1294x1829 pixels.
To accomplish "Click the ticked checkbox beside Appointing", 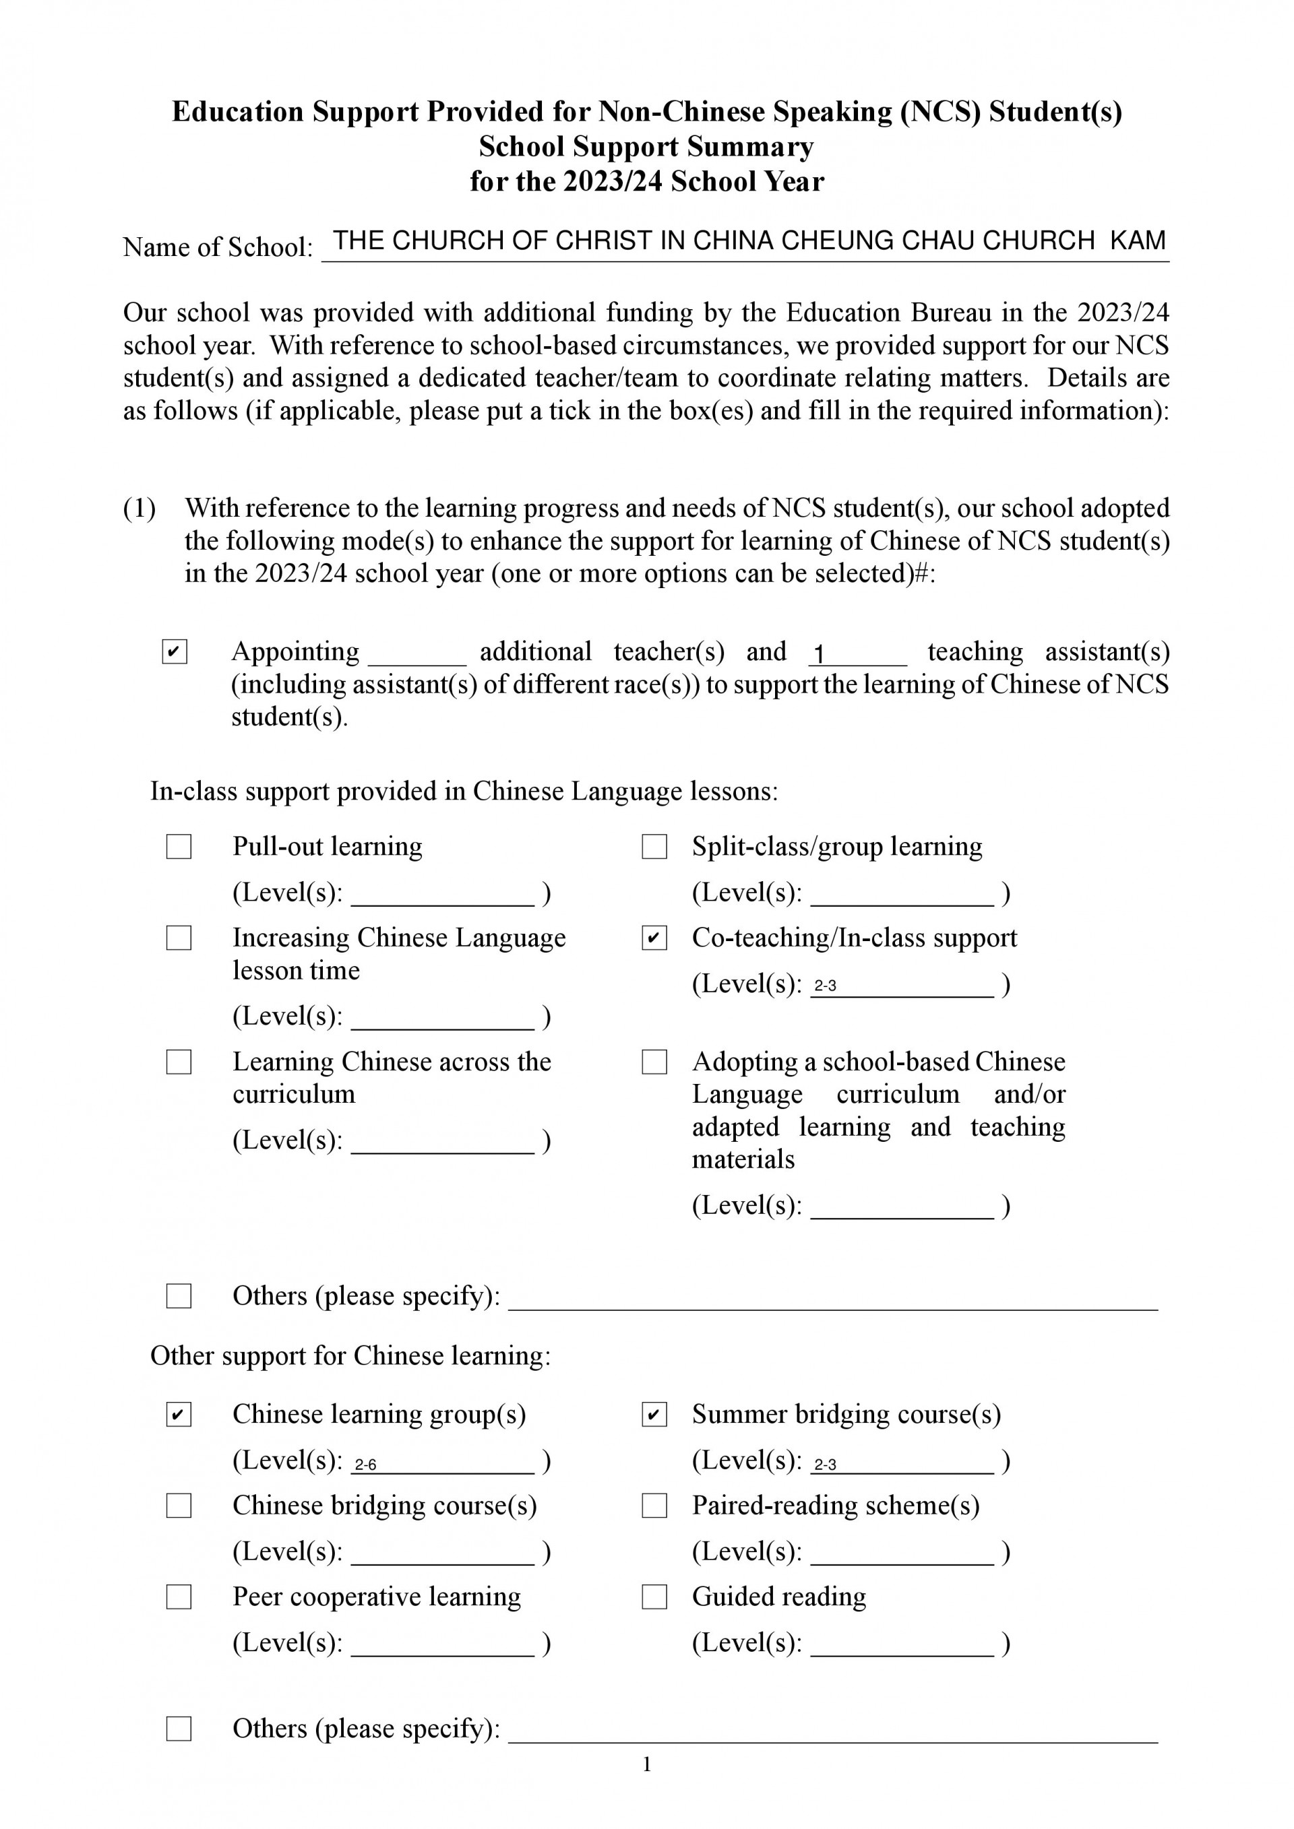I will [175, 651].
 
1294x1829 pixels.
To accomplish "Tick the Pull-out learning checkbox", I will [179, 847].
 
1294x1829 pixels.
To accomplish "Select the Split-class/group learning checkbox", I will [654, 847].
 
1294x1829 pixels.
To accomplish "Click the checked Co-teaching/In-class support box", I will [654, 938].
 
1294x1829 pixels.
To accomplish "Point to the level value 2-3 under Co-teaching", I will [825, 986].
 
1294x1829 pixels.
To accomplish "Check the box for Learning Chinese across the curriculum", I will [179, 1062].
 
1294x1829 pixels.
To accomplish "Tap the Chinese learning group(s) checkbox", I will [179, 1415].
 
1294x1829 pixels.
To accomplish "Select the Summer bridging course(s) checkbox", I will [654, 1415].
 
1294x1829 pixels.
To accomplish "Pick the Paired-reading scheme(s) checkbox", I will [654, 1506].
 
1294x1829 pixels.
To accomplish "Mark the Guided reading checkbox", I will [654, 1597].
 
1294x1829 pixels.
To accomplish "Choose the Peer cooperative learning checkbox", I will [179, 1597].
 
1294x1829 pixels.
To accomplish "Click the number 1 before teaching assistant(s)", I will [818, 655].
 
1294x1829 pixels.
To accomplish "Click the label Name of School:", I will [218, 248].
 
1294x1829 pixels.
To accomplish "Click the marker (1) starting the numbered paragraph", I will [140, 508].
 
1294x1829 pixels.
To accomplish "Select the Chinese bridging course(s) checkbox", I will [179, 1506].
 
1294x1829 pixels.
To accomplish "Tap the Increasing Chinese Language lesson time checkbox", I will [179, 938].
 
